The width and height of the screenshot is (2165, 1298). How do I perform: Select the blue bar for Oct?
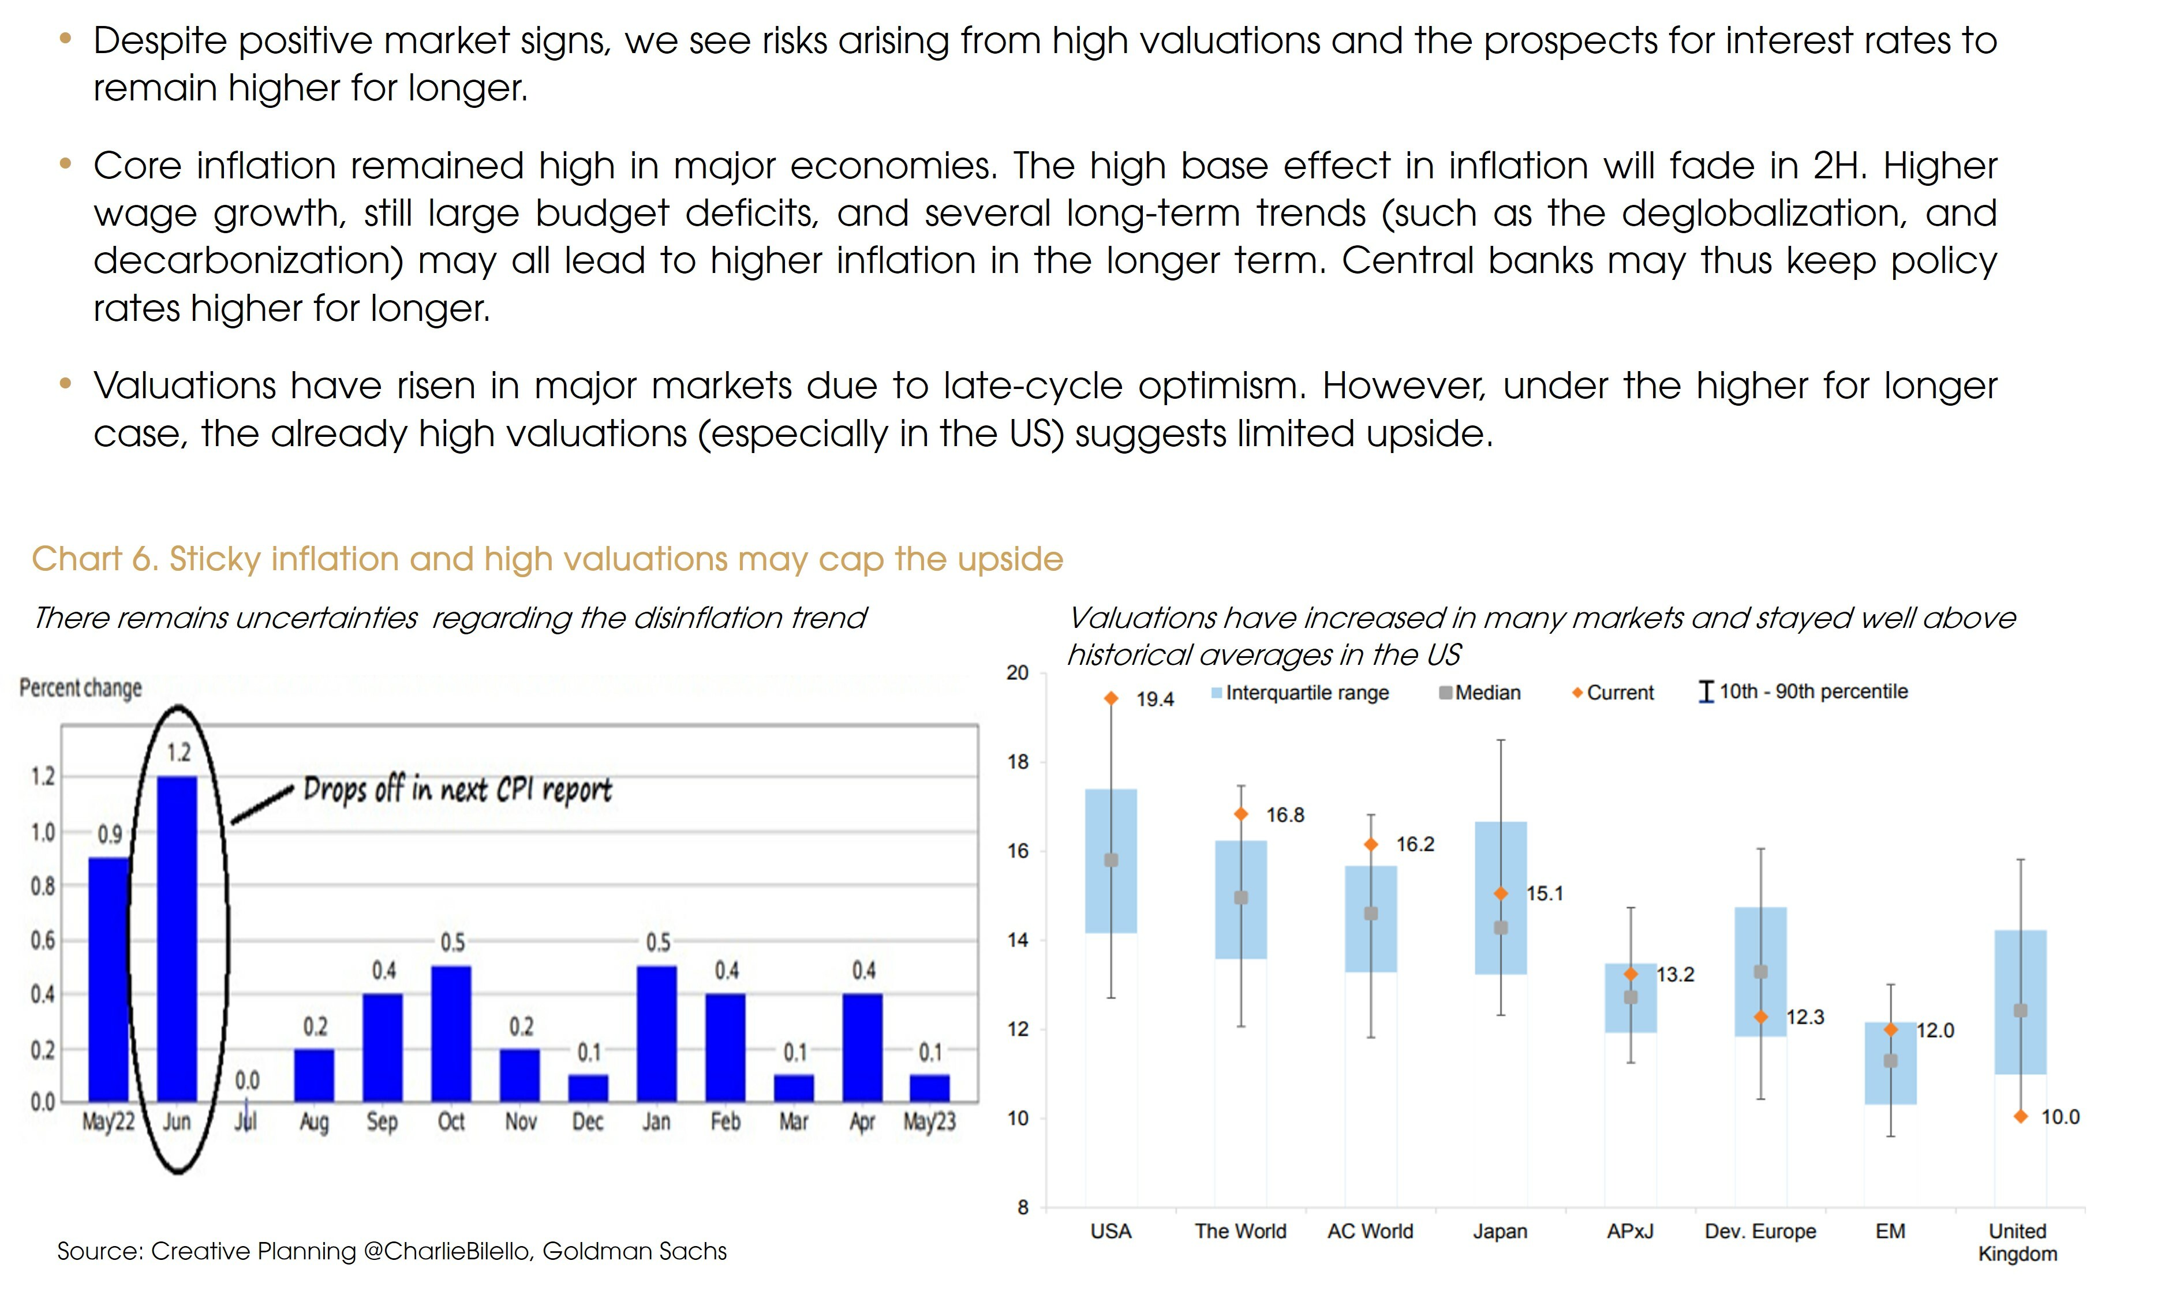(451, 1033)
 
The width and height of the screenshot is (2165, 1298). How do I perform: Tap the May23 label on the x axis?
(929, 1121)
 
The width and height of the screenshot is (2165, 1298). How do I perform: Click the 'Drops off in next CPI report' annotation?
(457, 790)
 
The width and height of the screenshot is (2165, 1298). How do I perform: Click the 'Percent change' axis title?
(80, 689)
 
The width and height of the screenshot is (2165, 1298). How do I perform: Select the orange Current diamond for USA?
(1111, 698)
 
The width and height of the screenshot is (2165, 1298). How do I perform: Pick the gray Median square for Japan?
(1500, 928)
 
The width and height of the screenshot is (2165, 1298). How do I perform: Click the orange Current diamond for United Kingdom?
(2020, 1117)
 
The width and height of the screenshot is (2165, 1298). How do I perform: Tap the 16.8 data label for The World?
(1284, 815)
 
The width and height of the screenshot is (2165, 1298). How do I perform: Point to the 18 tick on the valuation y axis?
(1018, 762)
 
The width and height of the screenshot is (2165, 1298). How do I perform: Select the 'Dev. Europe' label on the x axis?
(1760, 1232)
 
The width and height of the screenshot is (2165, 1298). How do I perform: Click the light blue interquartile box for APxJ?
(1631, 1015)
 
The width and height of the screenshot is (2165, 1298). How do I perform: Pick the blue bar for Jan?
(656, 1033)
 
